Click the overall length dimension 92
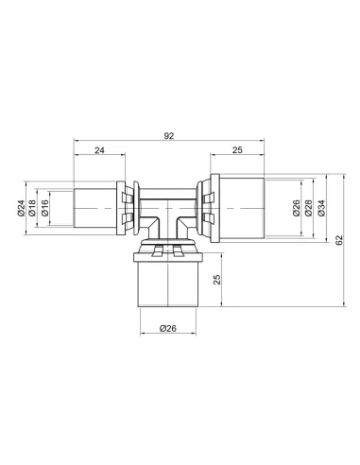tap(169, 136)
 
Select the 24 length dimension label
tap(99, 150)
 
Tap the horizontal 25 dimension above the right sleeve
tap(237, 150)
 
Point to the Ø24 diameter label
tap(21, 208)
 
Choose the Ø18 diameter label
tap(32, 208)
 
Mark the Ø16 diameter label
tap(44, 208)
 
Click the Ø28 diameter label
tap(309, 208)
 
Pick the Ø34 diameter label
tap(321, 208)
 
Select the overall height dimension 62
tap(338, 240)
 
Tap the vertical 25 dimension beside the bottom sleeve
tap(217, 280)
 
